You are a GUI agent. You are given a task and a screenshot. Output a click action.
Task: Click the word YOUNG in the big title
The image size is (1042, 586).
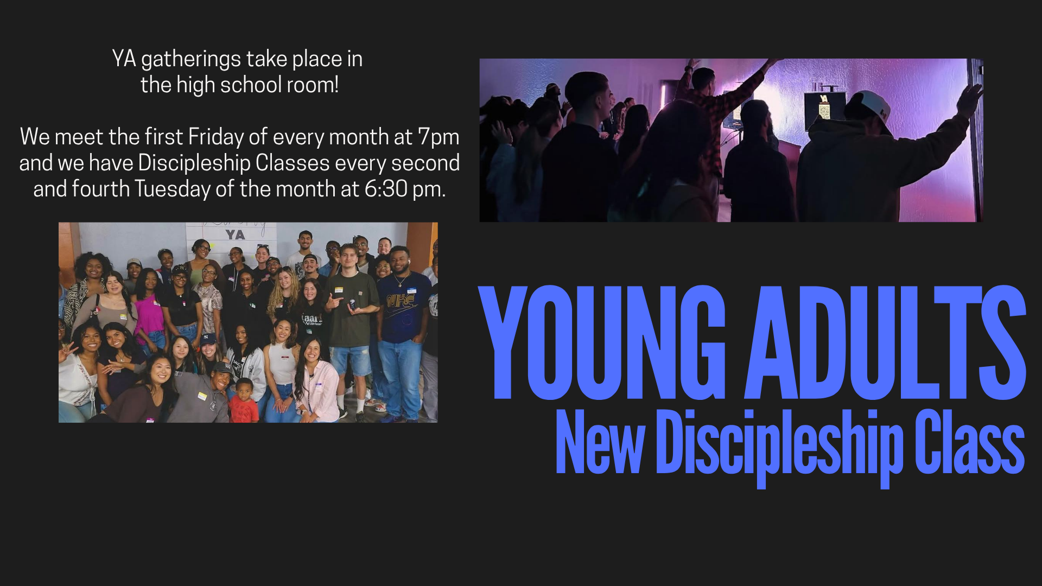602,343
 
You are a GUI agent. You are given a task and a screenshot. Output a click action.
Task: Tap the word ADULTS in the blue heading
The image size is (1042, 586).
885,343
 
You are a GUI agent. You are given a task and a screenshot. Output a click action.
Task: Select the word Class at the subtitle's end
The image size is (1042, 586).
969,442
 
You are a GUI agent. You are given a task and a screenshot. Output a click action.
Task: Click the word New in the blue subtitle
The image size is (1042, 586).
600,442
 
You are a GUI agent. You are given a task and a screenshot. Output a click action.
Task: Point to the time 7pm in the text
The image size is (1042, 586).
439,137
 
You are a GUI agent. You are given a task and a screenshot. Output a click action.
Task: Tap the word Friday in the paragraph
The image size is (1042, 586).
216,137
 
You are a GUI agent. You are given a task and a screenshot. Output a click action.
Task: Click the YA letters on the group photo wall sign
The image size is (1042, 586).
235,234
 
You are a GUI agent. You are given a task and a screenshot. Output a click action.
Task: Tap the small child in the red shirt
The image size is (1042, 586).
244,401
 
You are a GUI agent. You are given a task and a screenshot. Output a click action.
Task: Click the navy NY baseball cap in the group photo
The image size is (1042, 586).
208,340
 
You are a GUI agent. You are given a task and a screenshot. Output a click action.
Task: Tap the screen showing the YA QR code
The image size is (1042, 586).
825,107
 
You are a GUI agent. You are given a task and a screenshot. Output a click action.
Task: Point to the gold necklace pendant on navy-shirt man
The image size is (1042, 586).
400,284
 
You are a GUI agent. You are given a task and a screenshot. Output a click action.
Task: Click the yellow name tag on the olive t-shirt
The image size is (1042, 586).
339,290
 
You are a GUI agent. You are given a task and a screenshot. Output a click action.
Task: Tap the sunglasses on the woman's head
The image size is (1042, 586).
263,247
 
